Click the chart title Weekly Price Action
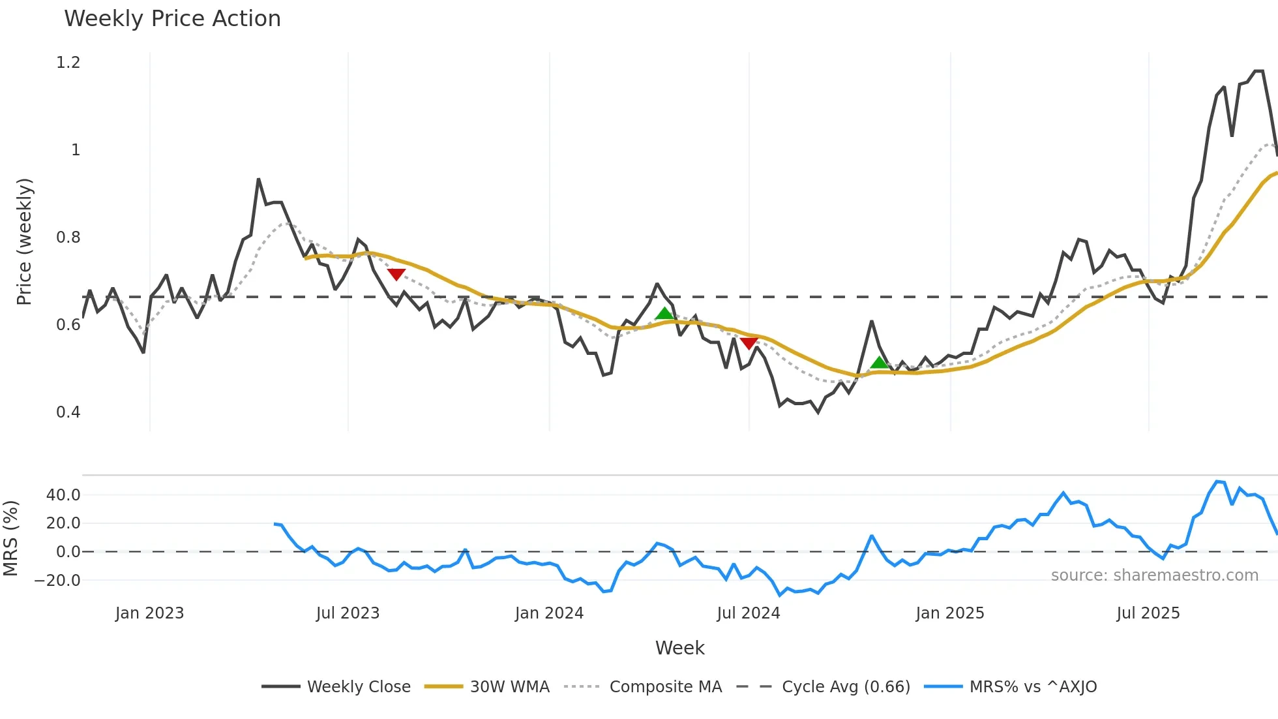[172, 19]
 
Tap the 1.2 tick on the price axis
[68, 63]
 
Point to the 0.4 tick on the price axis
[68, 412]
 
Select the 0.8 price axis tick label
[68, 237]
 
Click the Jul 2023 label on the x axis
[348, 613]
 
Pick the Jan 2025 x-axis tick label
[949, 613]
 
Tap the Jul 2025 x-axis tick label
[1148, 613]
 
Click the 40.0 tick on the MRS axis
[63, 495]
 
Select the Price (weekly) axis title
[24, 241]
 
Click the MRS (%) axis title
[11, 538]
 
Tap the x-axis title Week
[679, 648]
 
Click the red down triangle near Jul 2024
[749, 343]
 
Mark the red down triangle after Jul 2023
[396, 274]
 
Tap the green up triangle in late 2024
[879, 363]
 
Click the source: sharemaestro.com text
[1154, 575]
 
